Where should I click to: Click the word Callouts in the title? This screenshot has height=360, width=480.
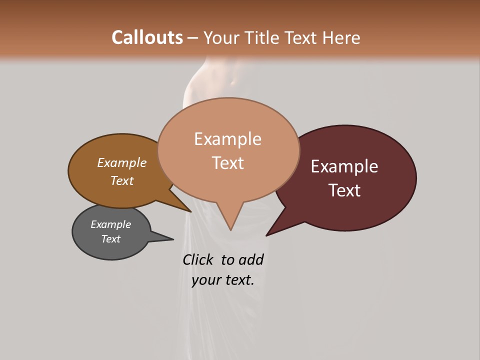point(147,37)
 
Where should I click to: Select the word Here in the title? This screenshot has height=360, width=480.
point(341,37)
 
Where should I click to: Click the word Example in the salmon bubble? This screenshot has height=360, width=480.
point(227,139)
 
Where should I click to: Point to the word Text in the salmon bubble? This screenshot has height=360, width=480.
point(227,163)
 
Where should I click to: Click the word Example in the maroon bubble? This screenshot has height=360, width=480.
point(344,166)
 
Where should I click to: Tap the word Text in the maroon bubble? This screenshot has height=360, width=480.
point(344,190)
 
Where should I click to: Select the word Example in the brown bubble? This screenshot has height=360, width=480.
point(122,163)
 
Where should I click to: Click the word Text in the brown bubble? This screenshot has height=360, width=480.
point(122,180)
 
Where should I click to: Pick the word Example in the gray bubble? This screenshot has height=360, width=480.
point(111,224)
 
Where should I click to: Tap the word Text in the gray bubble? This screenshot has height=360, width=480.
point(111,239)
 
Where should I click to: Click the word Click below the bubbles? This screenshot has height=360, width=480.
point(197,260)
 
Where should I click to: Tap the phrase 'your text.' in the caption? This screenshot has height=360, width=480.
point(222,280)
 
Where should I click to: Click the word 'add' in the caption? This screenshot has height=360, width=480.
point(251,260)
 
